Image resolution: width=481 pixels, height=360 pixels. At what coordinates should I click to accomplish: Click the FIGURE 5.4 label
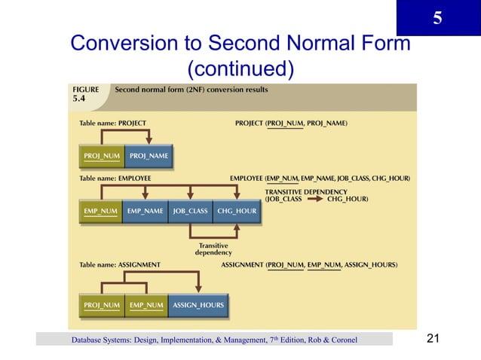85,93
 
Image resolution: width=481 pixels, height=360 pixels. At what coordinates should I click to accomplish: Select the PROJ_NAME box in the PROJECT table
149,157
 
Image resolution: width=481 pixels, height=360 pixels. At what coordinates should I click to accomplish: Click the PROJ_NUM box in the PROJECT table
102,157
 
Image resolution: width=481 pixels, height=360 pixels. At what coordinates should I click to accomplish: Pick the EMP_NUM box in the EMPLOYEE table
100,212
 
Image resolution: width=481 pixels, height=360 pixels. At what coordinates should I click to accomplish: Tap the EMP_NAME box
145,212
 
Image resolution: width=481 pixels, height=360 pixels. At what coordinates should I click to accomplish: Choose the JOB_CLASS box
190,212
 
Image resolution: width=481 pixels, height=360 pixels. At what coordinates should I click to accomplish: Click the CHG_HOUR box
237,212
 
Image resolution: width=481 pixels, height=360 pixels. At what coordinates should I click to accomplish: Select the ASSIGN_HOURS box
198,305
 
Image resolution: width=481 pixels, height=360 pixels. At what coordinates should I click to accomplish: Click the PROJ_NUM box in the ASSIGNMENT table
102,305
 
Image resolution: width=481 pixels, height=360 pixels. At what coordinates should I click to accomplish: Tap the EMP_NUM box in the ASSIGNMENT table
146,305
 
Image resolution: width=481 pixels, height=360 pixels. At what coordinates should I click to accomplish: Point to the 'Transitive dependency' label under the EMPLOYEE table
213,250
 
